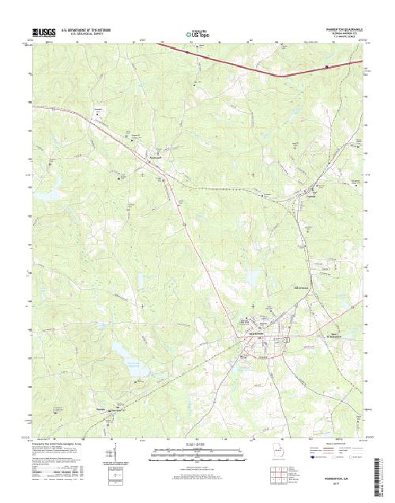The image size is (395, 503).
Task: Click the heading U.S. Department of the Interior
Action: [90, 29]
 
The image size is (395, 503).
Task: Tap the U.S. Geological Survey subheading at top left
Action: [88, 34]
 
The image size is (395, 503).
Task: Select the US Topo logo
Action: [197, 34]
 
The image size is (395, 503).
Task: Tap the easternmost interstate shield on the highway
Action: [327, 67]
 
